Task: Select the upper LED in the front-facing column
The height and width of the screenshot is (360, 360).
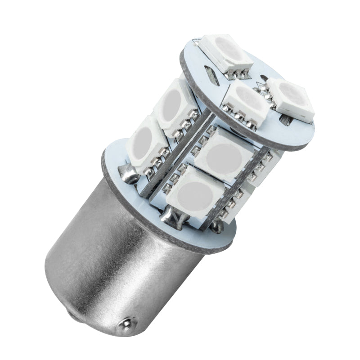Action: (x=225, y=155)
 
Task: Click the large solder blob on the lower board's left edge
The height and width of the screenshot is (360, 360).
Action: (x=126, y=173)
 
